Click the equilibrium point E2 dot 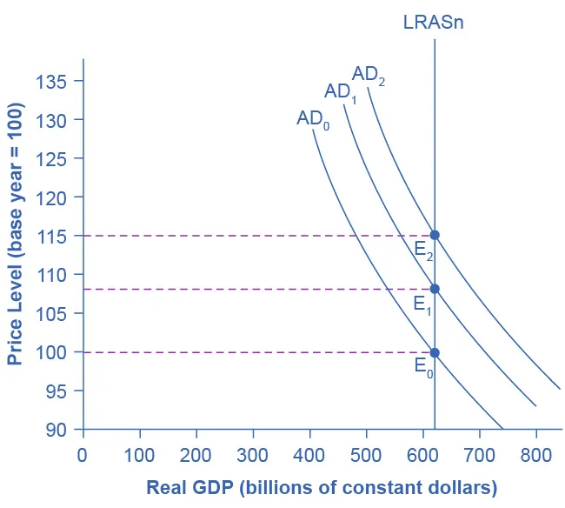435,235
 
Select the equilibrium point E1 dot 435,289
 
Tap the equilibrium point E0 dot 435,352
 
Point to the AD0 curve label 314,119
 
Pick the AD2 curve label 369,75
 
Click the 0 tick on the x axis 83,454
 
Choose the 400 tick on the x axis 309,454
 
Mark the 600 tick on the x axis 422,454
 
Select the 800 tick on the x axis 535,454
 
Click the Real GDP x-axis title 321,486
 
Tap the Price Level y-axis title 16,235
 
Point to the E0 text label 423,367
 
